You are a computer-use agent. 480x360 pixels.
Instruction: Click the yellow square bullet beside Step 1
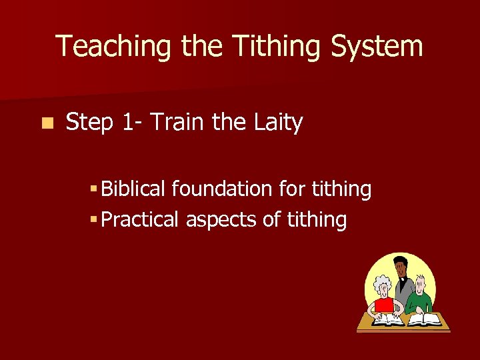tap(45, 123)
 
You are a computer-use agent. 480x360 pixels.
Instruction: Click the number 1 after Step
tap(128, 123)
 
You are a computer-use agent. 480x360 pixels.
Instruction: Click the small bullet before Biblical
tap(96, 190)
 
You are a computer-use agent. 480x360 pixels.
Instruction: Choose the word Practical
tap(141, 219)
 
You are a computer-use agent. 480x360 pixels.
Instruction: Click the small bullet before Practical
tap(96, 220)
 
